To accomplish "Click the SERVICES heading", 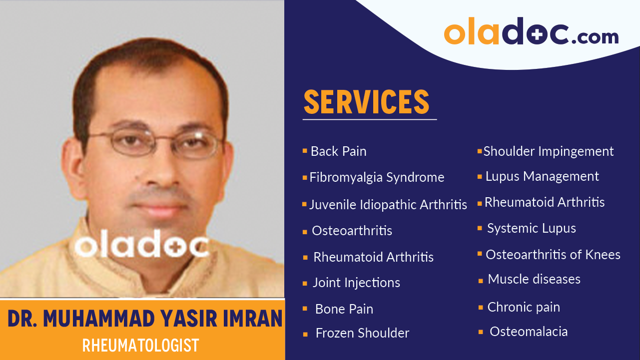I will coord(366,102).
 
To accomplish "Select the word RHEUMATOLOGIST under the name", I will coord(141,345).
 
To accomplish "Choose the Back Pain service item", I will coord(338,151).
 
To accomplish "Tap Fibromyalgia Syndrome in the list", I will coord(376,177).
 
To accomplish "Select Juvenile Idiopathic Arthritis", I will coord(388,205).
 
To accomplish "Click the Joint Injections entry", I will coord(356,283).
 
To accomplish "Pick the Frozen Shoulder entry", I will coord(362,333).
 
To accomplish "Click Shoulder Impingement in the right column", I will coord(548,151).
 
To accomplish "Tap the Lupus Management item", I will coord(542,176).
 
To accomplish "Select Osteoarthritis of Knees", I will coord(553,255).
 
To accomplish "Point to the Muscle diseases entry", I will coord(534,279).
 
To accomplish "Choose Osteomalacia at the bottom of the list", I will coord(528,332).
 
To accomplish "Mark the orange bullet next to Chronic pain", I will coord(481,308).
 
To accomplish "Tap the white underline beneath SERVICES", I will coord(369,119).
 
